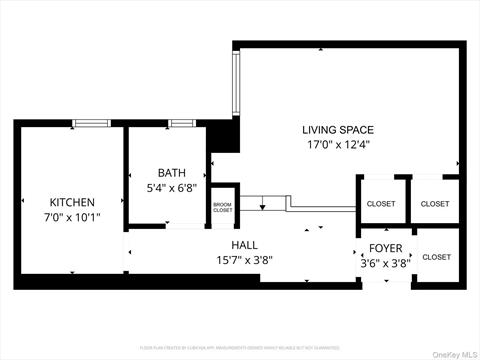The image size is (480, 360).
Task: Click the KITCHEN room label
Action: [x=72, y=202]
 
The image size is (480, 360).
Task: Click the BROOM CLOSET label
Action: [x=222, y=208]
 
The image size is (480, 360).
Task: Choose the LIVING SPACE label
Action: [x=338, y=130]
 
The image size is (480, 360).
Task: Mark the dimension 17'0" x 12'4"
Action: [x=338, y=145]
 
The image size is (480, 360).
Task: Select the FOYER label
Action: [x=385, y=248]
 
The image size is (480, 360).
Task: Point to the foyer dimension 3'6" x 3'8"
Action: [x=385, y=263]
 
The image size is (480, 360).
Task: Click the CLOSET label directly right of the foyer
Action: [x=436, y=257]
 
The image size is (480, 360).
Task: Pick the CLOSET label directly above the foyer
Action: [x=381, y=204]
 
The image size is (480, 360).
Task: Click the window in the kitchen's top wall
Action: [x=92, y=123]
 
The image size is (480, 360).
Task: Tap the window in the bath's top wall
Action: [x=183, y=123]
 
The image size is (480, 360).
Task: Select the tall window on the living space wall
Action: [x=236, y=84]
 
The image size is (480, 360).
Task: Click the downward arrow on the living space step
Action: [x=263, y=206]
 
